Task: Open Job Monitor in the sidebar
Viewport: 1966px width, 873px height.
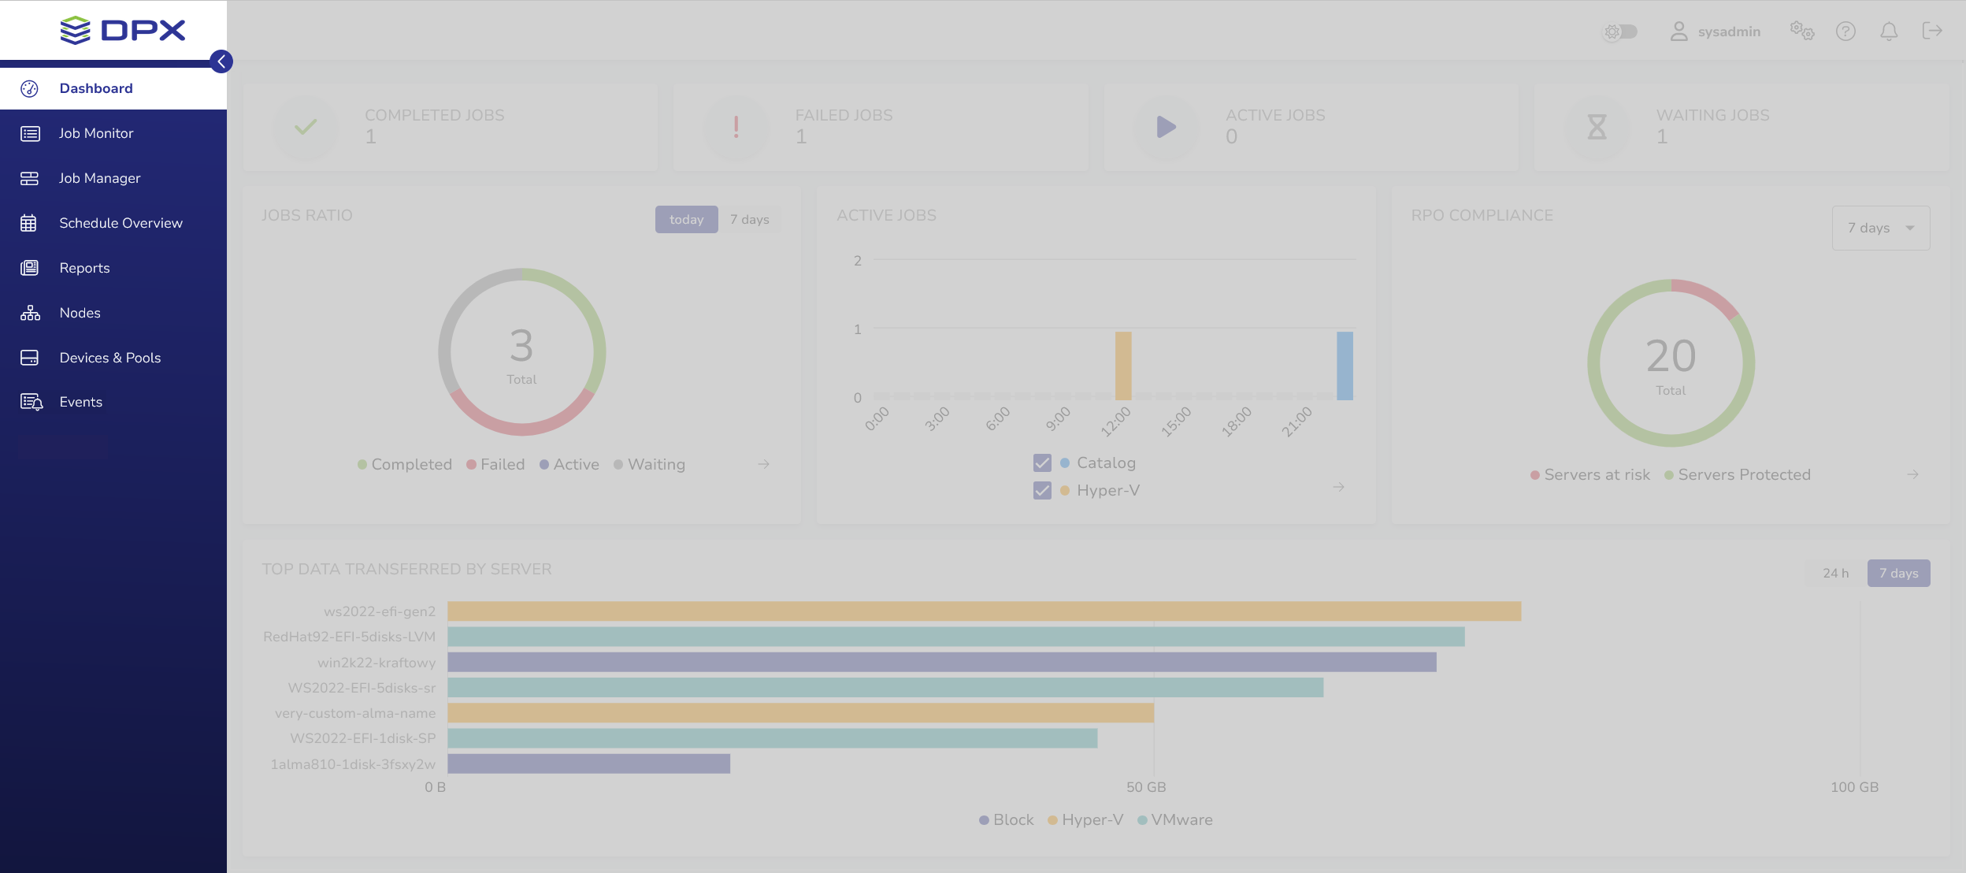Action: (95, 133)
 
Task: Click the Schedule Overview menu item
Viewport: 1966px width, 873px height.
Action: (121, 223)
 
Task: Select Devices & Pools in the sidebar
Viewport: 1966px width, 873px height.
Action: (109, 358)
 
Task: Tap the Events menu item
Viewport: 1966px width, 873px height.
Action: (80, 402)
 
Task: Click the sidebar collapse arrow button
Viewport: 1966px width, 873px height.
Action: (221, 61)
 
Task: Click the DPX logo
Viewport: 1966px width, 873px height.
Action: (123, 31)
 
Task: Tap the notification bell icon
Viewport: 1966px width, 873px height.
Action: (1889, 32)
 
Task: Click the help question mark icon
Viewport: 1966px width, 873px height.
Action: (1845, 32)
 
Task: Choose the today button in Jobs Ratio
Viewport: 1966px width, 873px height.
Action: (686, 220)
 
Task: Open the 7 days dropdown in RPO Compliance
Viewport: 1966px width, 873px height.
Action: (1880, 228)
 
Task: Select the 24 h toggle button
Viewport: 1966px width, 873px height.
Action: (1835, 574)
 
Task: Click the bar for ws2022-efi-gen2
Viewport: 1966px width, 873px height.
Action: (984, 611)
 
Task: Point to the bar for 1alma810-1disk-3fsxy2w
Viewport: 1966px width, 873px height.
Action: (588, 763)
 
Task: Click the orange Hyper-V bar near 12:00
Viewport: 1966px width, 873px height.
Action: (1123, 366)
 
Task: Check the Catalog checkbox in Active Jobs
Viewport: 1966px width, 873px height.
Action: (1042, 463)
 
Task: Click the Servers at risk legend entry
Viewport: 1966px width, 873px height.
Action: (1596, 475)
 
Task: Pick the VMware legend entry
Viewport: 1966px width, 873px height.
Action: (1181, 820)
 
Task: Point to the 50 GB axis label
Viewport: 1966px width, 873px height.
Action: (1146, 787)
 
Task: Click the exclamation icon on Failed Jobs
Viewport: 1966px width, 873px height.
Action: (736, 127)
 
